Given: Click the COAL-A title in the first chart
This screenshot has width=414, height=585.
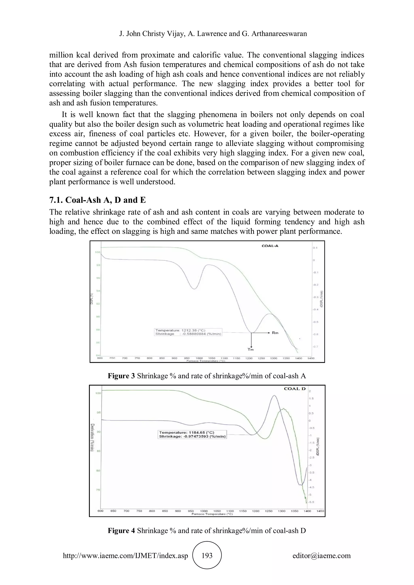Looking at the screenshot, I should pyautogui.click(x=270, y=246).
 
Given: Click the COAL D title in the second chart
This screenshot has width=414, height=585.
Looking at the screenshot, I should pyautogui.click(x=295, y=389).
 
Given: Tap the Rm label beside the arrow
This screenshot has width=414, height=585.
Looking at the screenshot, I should pyautogui.click(x=275, y=333).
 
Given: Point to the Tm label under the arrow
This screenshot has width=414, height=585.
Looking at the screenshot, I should pyautogui.click(x=251, y=349).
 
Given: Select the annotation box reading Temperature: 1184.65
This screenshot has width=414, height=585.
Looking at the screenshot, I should pyautogui.click(x=192, y=435).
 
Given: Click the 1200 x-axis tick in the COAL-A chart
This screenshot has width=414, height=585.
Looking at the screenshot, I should pyautogui.click(x=249, y=358).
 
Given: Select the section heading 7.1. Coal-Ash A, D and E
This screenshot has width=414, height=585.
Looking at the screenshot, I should pyautogui.click(x=97, y=200).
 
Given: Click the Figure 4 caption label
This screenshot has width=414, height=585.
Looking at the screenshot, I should pyautogui.click(x=121, y=530).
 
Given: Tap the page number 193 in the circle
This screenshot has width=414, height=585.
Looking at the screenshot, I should pyautogui.click(x=207, y=556).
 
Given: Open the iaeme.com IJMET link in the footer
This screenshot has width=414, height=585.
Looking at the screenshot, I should pyautogui.click(x=125, y=556).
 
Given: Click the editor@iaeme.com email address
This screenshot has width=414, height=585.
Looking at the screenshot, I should pyautogui.click(x=321, y=556).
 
